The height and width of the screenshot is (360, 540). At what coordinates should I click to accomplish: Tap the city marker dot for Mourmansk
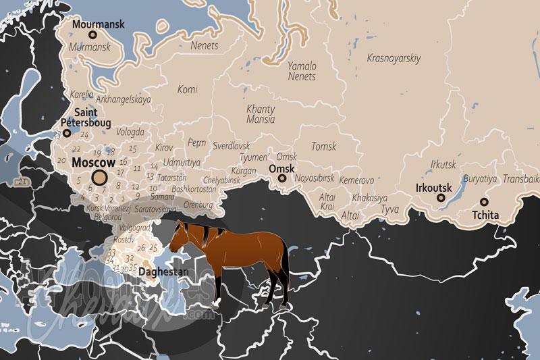tap(93, 34)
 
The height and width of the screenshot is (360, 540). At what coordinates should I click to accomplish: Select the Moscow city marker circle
tap(99, 178)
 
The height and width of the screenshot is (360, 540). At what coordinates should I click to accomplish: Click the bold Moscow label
tap(94, 163)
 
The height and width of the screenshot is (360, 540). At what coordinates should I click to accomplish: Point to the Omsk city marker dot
tap(282, 179)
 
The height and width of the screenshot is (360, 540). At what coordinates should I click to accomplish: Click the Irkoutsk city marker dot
tap(440, 198)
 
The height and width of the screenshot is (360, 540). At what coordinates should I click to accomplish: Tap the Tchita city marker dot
tap(484, 202)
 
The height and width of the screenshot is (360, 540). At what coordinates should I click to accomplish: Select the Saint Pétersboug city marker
tap(67, 133)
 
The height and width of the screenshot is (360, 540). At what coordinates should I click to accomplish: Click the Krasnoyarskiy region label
tap(394, 58)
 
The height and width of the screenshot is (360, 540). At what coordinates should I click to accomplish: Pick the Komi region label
tap(187, 89)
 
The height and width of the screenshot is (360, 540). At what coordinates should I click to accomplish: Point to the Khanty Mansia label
tap(261, 113)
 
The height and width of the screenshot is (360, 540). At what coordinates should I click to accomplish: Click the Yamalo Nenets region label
tap(302, 71)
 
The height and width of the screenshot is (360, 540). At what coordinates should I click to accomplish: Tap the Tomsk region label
tap(323, 146)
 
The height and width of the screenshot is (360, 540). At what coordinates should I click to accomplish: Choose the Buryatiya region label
tap(480, 179)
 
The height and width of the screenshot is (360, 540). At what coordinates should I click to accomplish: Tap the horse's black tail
tap(286, 270)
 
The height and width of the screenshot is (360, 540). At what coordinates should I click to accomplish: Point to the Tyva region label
tap(390, 210)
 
